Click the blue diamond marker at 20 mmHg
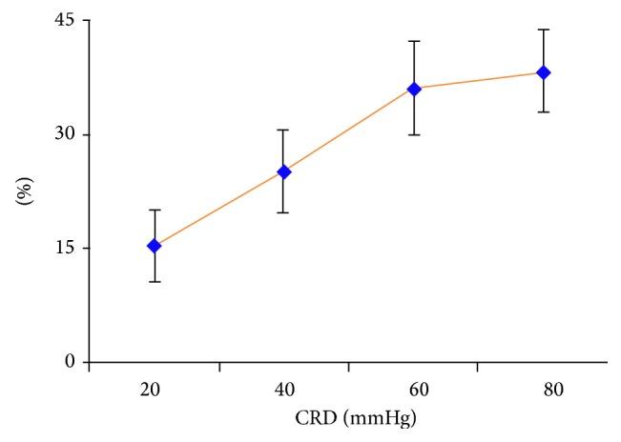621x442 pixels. (155, 246)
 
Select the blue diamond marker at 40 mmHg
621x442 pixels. (283, 171)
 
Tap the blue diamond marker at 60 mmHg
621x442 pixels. (414, 89)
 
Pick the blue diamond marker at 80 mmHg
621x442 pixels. (544, 72)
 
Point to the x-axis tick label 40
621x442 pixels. (283, 390)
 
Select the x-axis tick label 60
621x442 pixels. (414, 390)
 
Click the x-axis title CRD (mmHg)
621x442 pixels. (348, 418)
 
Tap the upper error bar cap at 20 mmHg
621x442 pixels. (155, 210)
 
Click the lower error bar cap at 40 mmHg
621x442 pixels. (283, 212)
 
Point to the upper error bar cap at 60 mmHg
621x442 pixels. (414, 41)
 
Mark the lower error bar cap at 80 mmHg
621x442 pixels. (544, 112)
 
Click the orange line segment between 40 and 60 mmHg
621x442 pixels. (348, 131)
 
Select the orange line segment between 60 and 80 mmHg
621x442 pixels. (479, 81)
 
